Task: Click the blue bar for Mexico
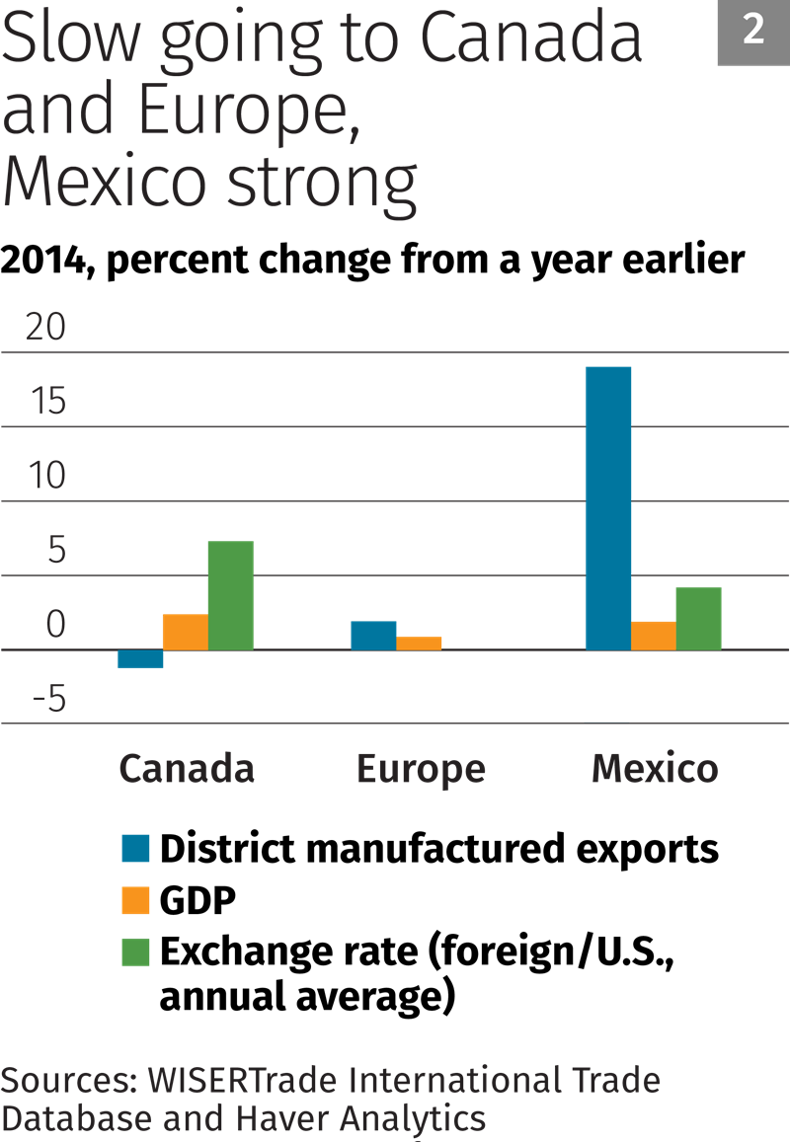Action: point(608,507)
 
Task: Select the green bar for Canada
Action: point(230,595)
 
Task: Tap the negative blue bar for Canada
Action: point(140,658)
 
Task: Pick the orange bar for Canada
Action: point(185,632)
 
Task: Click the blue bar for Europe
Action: point(373,635)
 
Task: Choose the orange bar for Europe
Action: point(419,643)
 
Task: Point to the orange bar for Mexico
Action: point(653,635)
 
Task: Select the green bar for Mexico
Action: point(698,618)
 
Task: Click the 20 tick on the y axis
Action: point(44,328)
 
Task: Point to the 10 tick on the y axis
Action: point(44,477)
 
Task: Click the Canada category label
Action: point(187,768)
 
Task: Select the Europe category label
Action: point(421,769)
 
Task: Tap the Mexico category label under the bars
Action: point(655,768)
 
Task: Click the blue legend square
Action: point(135,848)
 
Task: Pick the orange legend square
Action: point(135,900)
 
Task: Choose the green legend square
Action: point(135,952)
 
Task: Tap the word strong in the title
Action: point(319,184)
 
